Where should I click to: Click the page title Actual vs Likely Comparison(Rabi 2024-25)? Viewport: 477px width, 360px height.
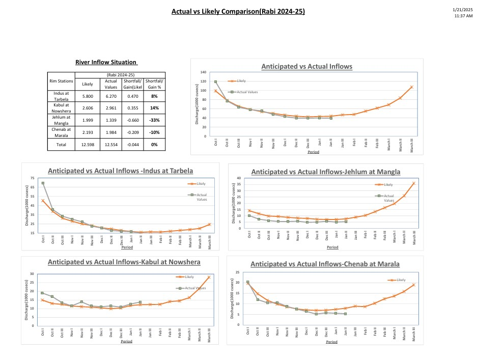tap(238, 11)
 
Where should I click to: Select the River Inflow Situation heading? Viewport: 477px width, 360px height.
tap(106, 62)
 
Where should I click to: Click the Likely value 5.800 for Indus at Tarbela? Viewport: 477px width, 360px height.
tap(88, 96)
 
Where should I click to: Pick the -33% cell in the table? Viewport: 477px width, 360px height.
tap(154, 120)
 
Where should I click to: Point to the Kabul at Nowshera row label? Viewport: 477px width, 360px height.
tap(61, 108)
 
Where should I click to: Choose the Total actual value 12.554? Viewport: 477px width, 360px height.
tap(111, 145)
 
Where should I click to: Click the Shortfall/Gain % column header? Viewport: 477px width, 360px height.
tap(154, 84)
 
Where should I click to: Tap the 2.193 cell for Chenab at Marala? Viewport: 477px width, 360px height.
tap(88, 132)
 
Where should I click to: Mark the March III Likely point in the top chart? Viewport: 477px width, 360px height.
tap(411, 87)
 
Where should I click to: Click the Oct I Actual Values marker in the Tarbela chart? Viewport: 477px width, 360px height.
tap(43, 183)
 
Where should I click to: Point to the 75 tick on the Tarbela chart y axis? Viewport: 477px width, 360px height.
tap(33, 178)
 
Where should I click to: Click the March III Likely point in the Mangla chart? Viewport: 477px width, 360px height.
tap(414, 183)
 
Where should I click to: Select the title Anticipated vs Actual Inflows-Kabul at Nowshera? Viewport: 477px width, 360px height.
tap(124, 262)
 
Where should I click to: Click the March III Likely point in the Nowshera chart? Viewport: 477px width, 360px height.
tap(209, 277)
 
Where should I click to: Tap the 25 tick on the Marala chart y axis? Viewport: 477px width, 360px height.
tap(237, 273)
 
